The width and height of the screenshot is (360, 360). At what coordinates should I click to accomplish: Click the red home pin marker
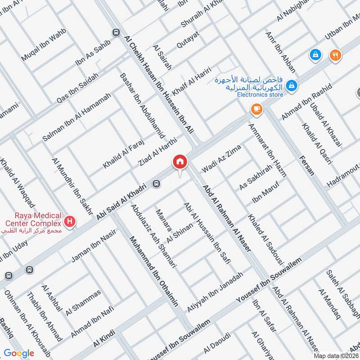(180, 162)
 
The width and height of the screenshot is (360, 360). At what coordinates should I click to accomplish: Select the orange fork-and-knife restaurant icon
(335, 55)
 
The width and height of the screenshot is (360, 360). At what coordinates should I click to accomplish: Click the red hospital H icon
(70, 221)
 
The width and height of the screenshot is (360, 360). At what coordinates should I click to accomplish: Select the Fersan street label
(305, 166)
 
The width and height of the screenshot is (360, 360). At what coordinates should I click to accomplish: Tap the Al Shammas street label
(83, 302)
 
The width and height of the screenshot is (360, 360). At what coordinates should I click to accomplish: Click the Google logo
(19, 353)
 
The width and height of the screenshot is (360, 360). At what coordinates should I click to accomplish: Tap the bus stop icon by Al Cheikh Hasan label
(116, 32)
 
